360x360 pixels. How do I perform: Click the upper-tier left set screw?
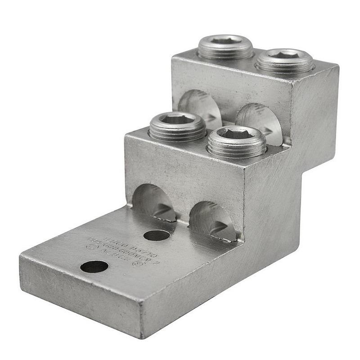click(x=225, y=47)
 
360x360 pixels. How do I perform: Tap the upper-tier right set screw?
click(x=284, y=61)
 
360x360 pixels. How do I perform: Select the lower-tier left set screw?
click(x=177, y=126)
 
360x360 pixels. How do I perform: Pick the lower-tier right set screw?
click(x=237, y=140)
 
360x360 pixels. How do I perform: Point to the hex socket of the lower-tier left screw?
click(x=177, y=119)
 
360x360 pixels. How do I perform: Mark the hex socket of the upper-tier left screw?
click(x=225, y=40)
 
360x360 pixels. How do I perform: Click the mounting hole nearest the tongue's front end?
click(x=94, y=267)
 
